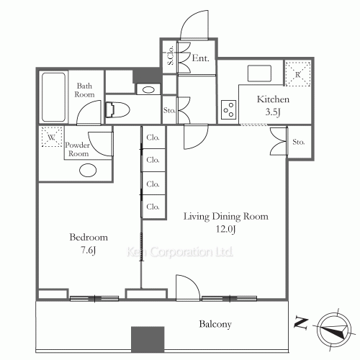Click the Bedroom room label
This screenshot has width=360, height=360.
click(89, 237)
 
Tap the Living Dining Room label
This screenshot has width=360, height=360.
click(225, 216)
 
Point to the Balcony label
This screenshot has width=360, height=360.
click(215, 325)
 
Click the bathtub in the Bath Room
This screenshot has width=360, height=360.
click(54, 97)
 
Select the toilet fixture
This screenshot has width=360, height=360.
click(116, 110)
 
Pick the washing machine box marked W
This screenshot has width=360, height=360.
click(51, 136)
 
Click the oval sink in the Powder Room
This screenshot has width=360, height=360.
click(89, 171)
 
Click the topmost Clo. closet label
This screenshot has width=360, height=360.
click(153, 137)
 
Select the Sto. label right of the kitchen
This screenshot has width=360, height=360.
click(299, 142)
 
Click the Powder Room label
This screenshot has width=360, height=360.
click(77, 149)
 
